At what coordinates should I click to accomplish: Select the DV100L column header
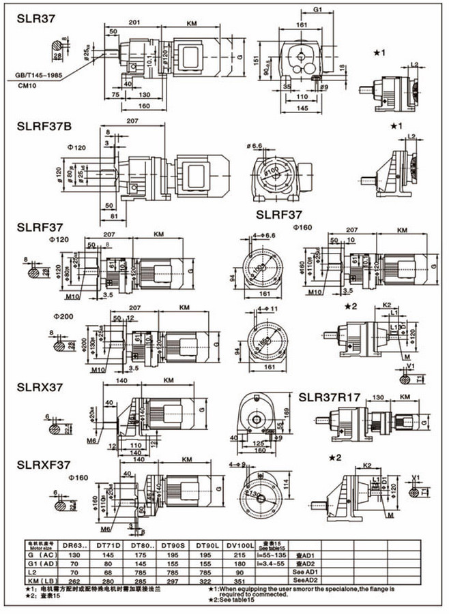(242, 546)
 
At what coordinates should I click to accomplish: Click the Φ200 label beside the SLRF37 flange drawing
(66, 317)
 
